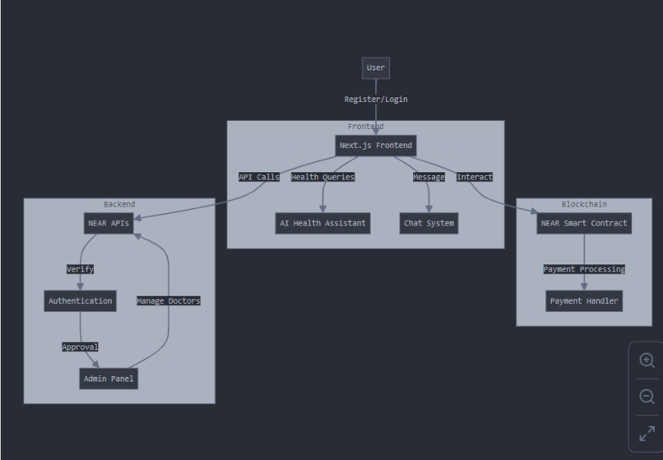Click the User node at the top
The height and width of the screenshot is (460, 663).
pyautogui.click(x=375, y=68)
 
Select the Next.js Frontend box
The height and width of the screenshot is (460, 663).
pyautogui.click(x=376, y=146)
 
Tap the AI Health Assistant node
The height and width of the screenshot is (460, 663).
pyautogui.click(x=322, y=223)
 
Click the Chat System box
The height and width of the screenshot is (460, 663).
pyautogui.click(x=429, y=223)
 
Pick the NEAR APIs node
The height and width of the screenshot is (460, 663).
pyautogui.click(x=109, y=223)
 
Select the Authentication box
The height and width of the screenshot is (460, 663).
pyautogui.click(x=80, y=301)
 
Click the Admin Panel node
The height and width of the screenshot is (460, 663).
pyautogui.click(x=109, y=379)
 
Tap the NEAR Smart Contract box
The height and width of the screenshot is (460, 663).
pyautogui.click(x=584, y=223)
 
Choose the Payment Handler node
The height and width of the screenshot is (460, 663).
pyautogui.click(x=584, y=301)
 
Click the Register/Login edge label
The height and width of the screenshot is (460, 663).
pyautogui.click(x=376, y=100)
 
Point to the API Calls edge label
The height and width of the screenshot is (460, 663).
pyautogui.click(x=259, y=177)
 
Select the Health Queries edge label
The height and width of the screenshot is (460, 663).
pyautogui.click(x=322, y=177)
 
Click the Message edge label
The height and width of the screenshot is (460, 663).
pyautogui.click(x=429, y=177)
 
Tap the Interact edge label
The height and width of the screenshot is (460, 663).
pyautogui.click(x=475, y=177)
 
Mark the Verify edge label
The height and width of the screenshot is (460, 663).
pyautogui.click(x=80, y=269)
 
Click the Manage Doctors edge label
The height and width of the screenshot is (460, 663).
pyautogui.click(x=168, y=301)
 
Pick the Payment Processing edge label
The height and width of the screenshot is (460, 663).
pyautogui.click(x=584, y=269)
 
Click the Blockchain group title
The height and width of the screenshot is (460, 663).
pyautogui.click(x=584, y=204)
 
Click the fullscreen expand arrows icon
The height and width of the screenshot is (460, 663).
pyautogui.click(x=647, y=433)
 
